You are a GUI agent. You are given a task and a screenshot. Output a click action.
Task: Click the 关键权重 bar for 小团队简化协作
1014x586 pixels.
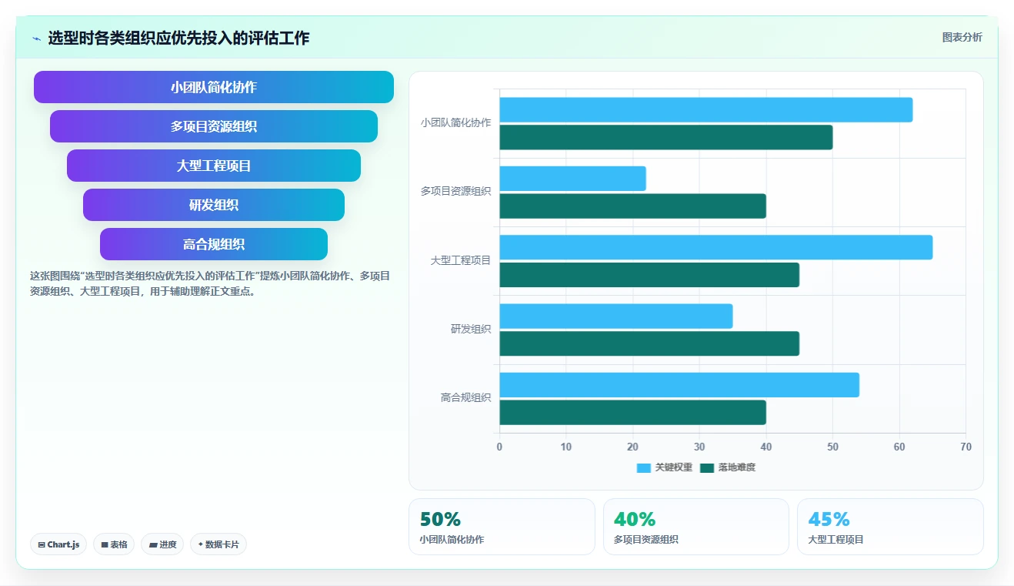pyautogui.click(x=705, y=109)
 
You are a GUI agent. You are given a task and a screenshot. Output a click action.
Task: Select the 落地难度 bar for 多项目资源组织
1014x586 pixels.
pyautogui.click(x=633, y=206)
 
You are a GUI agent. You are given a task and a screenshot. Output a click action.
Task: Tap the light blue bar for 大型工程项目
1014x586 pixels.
pyautogui.click(x=716, y=247)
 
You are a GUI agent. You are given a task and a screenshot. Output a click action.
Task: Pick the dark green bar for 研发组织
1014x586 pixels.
pyautogui.click(x=649, y=343)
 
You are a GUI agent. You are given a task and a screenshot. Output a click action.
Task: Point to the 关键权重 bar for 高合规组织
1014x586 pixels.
pyautogui.click(x=679, y=385)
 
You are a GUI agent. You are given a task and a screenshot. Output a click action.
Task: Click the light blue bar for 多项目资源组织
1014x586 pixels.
pyautogui.click(x=572, y=179)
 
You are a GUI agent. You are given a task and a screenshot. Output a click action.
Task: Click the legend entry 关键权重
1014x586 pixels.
pyautogui.click(x=665, y=467)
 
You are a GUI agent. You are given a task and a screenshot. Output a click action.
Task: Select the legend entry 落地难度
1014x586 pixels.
pyautogui.click(x=728, y=467)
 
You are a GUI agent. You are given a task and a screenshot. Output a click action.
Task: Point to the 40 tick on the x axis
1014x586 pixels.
pyautogui.click(x=766, y=447)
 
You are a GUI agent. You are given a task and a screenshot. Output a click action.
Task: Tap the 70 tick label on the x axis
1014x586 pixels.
pyautogui.click(x=966, y=447)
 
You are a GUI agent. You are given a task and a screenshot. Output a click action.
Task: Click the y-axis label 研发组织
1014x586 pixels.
pyautogui.click(x=471, y=329)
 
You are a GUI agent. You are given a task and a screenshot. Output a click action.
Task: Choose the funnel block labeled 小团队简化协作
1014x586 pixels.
pyautogui.click(x=214, y=87)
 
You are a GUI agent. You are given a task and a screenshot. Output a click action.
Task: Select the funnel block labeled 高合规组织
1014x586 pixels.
pyautogui.click(x=214, y=244)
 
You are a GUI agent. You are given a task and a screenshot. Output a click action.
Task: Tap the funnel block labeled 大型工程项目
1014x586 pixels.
pyautogui.click(x=214, y=166)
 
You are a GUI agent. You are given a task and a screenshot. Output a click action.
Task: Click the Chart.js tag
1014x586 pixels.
pyautogui.click(x=58, y=544)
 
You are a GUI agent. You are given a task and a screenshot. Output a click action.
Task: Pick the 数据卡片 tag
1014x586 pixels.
pyautogui.click(x=218, y=544)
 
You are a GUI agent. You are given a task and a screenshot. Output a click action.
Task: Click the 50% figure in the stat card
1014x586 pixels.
pyautogui.click(x=440, y=519)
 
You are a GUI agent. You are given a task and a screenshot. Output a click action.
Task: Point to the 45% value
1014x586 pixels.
pyautogui.click(x=829, y=519)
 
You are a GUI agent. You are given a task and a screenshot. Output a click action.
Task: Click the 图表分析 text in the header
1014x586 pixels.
pyautogui.click(x=962, y=38)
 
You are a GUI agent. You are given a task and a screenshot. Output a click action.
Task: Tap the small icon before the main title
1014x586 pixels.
pyautogui.click(x=37, y=39)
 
